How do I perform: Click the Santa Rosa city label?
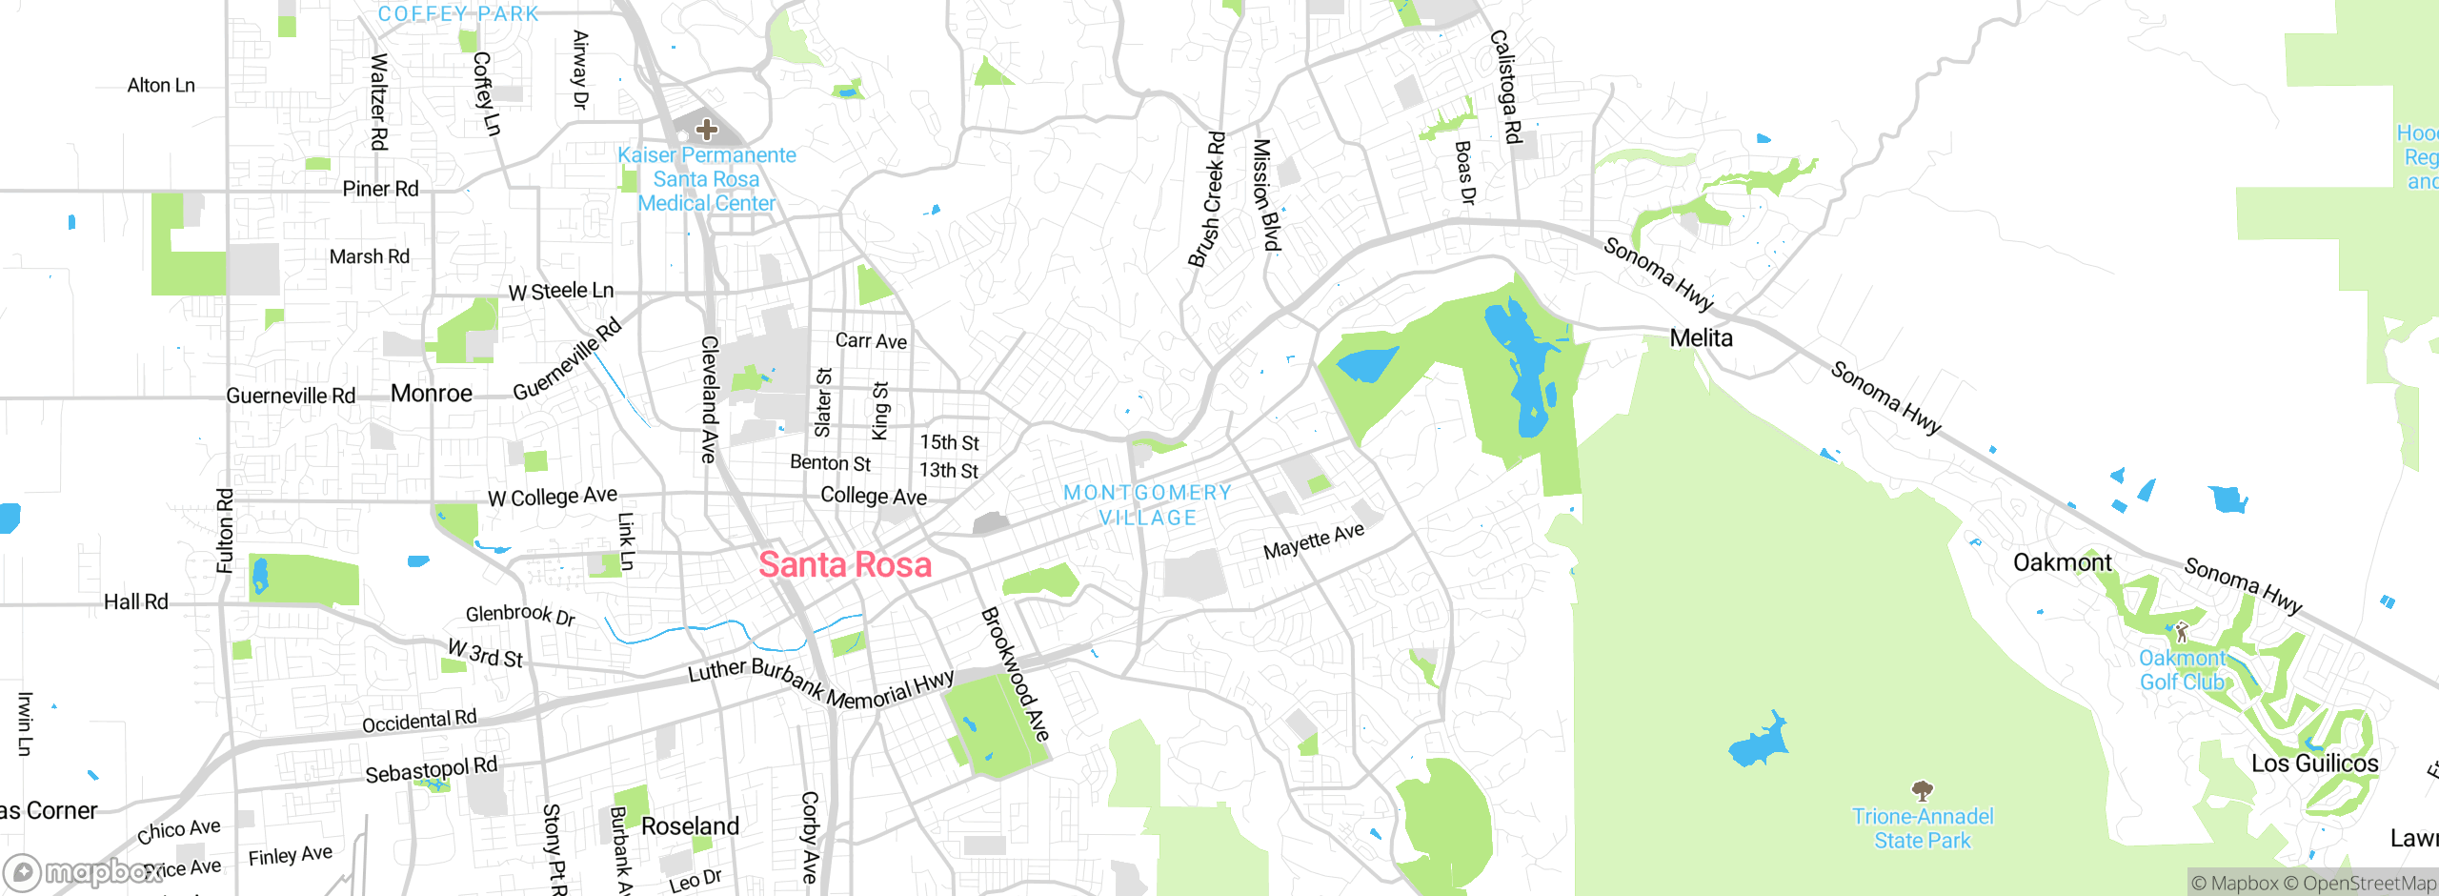coord(845,565)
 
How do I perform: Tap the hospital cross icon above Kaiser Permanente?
coord(706,129)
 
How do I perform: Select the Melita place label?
coord(1701,338)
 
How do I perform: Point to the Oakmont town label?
coord(2062,562)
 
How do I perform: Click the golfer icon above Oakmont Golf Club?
coord(2182,631)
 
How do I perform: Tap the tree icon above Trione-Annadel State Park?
coord(1922,790)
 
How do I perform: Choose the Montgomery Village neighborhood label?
coord(1147,505)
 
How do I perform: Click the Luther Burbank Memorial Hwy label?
coord(820,683)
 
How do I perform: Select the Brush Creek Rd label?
coord(1206,200)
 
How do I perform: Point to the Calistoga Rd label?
coord(1505,87)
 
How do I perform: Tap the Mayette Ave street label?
coord(1314,541)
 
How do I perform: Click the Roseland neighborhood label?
coord(690,825)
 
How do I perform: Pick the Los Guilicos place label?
coord(2314,764)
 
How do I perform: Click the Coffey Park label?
coord(458,13)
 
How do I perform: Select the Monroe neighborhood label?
coord(432,394)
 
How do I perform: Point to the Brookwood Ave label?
coord(1015,674)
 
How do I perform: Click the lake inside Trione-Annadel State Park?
coord(1759,742)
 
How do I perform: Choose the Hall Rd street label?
coord(135,601)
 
